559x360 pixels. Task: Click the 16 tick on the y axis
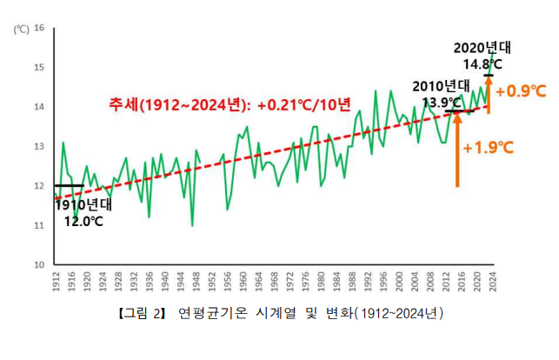click(39, 28)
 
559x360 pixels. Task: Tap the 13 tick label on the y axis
click(39, 146)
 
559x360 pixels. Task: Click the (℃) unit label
click(21, 28)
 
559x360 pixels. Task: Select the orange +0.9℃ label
click(521, 91)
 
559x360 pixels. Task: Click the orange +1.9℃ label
click(488, 148)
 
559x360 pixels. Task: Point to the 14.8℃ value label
click(482, 64)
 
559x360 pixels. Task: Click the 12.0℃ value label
click(83, 221)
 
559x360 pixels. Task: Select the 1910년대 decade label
click(84, 205)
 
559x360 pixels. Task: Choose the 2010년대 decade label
click(441, 86)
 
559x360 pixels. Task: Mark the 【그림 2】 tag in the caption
click(140, 312)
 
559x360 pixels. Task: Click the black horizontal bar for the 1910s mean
click(69, 185)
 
